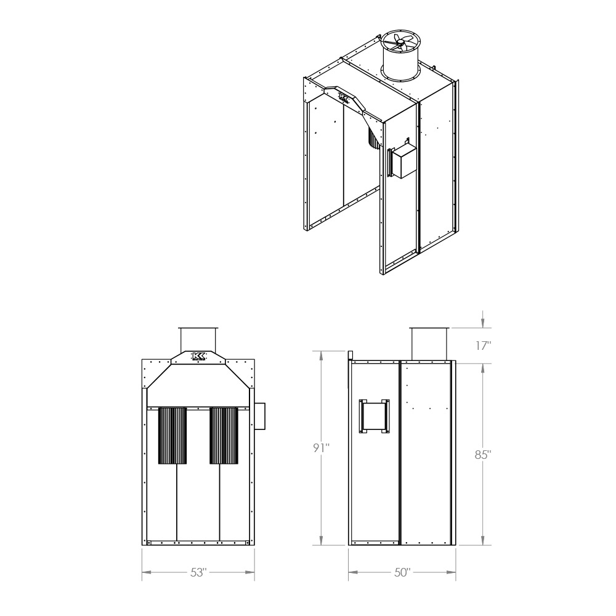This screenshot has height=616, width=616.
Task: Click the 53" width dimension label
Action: point(198,572)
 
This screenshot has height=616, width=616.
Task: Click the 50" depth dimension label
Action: point(402,572)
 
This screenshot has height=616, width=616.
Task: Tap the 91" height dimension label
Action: point(321,448)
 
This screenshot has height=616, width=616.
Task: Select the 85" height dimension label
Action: point(483,455)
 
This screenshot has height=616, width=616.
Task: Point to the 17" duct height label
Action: point(484,346)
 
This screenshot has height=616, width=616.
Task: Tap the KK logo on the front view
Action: point(198,356)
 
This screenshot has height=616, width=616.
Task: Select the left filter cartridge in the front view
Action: point(172,436)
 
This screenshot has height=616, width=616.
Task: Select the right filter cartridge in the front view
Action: point(224,436)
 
